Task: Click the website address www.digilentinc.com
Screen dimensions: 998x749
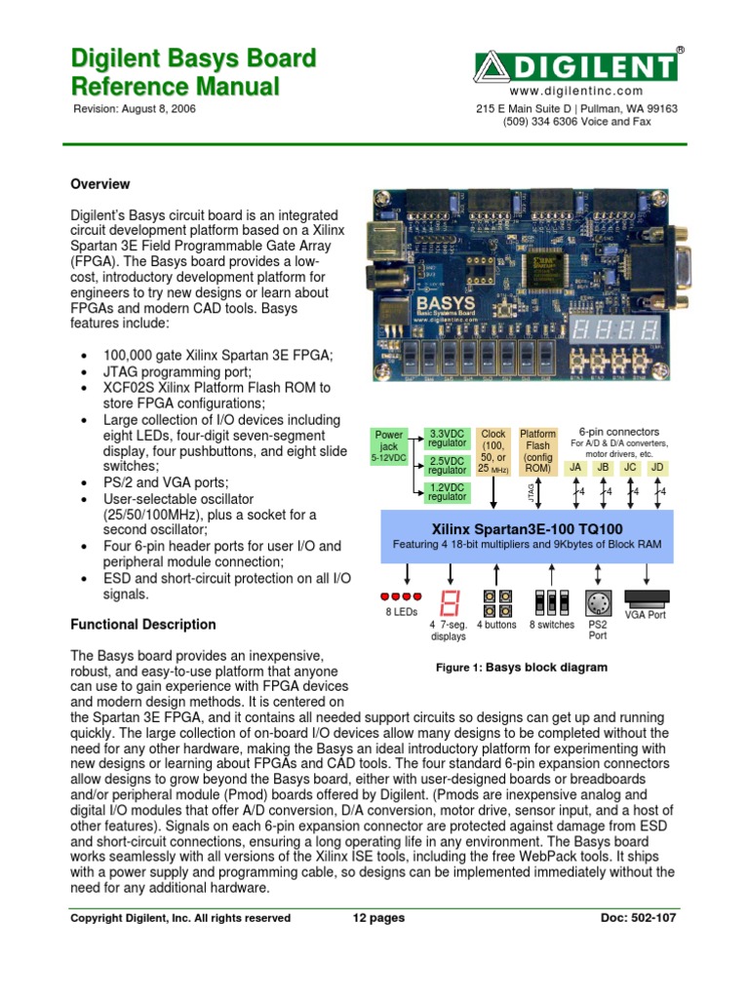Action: tap(575, 90)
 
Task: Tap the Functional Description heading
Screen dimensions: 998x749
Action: tap(144, 624)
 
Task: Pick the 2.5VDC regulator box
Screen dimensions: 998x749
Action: tap(448, 465)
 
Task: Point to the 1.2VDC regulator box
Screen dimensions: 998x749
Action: tap(448, 493)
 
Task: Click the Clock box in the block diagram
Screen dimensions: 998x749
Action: tap(493, 450)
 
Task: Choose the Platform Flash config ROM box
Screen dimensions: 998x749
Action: tap(537, 450)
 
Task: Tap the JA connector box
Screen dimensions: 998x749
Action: tap(576, 467)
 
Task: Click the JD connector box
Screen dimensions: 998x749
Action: tap(657, 467)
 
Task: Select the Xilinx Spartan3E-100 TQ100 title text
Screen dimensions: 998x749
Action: tap(527, 527)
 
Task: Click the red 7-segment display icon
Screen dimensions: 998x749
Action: tap(450, 601)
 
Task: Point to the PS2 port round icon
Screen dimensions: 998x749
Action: tap(598, 602)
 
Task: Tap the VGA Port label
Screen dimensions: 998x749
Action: tap(645, 615)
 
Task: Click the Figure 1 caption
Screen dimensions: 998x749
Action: tap(521, 668)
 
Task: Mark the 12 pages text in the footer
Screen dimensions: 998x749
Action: tap(377, 917)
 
